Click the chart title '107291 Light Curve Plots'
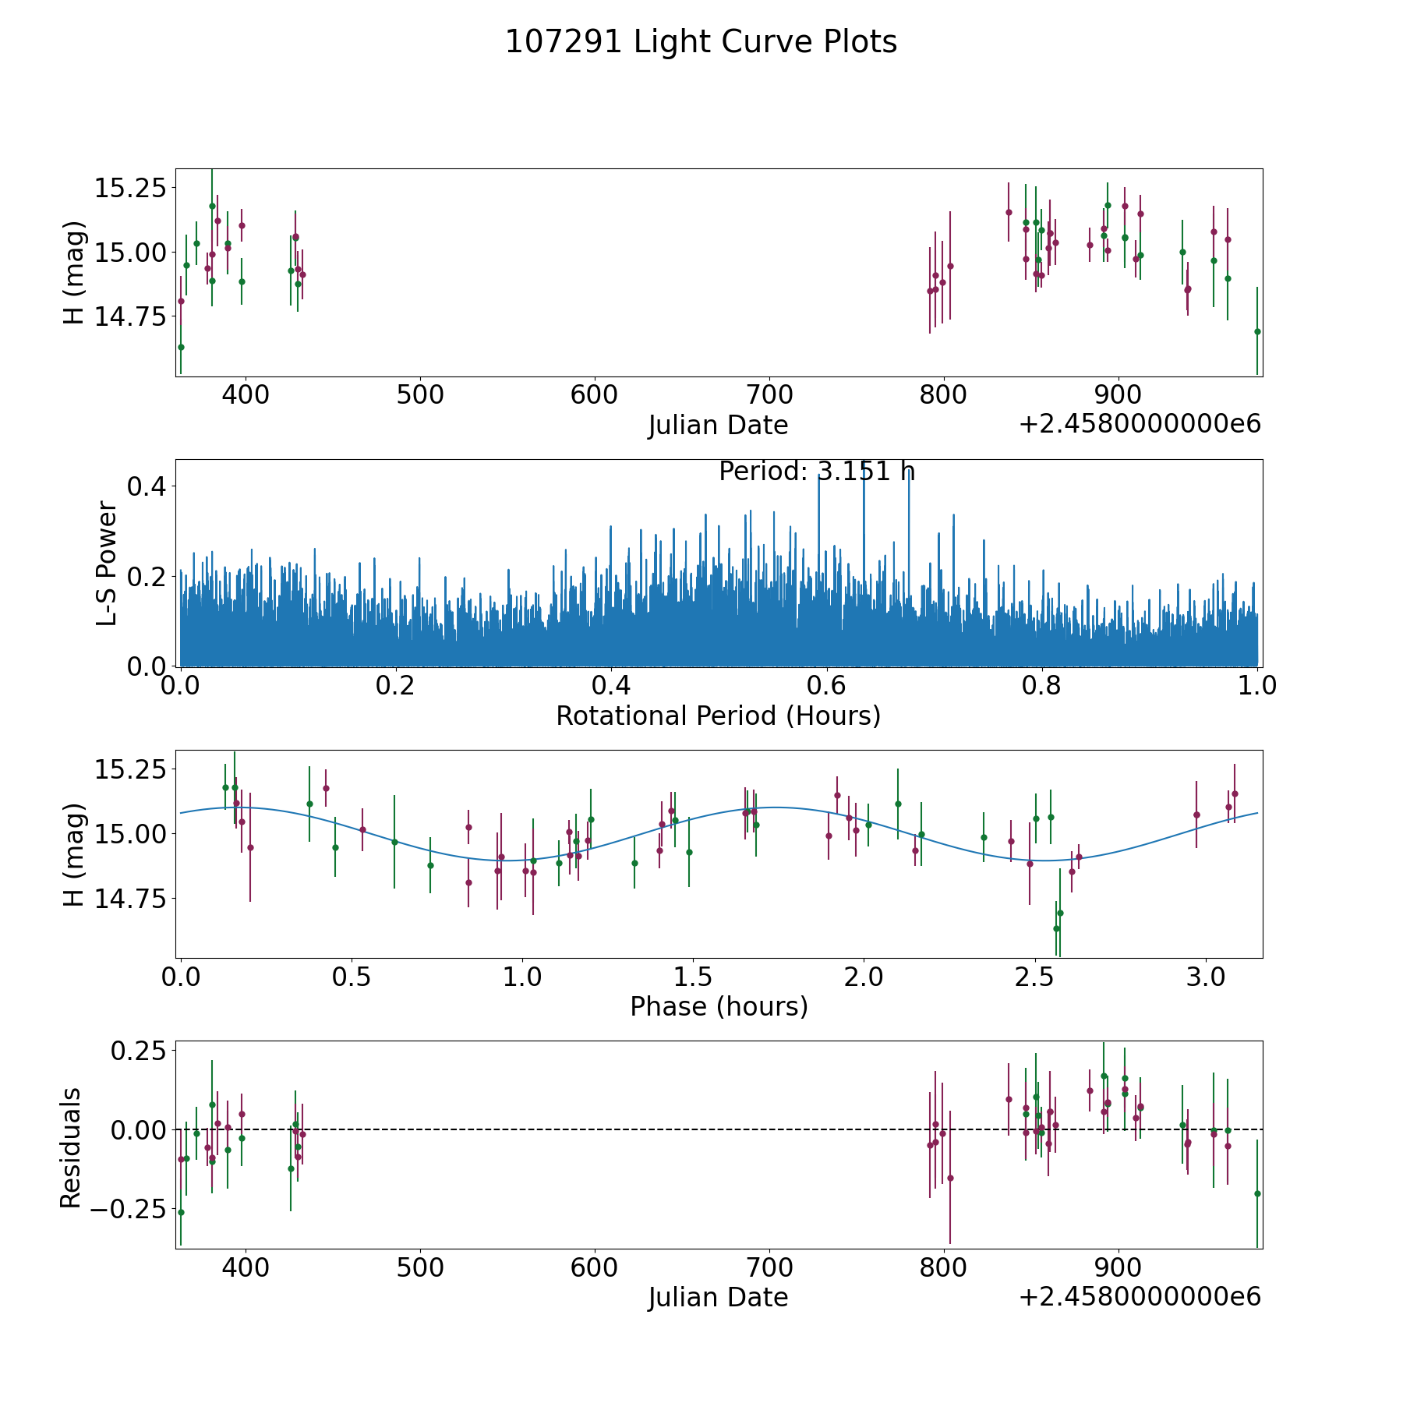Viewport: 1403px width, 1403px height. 701,42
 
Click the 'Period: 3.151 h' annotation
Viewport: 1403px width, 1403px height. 816,472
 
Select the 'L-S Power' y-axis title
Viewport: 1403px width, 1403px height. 107,563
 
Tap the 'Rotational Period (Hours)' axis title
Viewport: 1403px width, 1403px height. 718,716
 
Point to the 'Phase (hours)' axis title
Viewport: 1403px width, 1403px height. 718,1006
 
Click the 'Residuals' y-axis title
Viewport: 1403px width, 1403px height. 71,1147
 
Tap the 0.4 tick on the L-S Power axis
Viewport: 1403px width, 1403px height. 147,486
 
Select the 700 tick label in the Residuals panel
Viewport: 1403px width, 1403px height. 769,1267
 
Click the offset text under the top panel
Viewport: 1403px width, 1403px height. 1140,424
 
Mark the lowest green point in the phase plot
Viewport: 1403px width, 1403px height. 1056,928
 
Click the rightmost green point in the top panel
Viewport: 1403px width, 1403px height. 1256,331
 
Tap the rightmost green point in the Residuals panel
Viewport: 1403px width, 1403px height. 1256,1193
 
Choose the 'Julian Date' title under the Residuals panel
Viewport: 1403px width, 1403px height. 718,1297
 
